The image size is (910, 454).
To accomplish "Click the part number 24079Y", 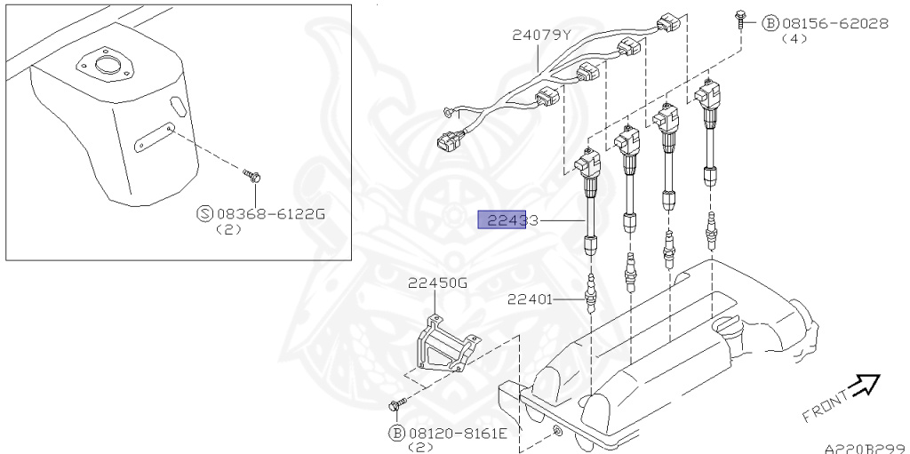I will tap(540, 36).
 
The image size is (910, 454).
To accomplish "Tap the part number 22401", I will tap(531, 299).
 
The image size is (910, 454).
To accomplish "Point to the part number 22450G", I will tap(437, 283).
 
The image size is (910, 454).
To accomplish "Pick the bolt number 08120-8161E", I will tap(458, 433).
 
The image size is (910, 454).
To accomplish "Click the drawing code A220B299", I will tap(863, 448).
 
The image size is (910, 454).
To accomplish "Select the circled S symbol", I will tap(204, 213).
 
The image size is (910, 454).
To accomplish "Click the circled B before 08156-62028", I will tap(770, 23).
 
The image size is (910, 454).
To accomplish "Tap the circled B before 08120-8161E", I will tap(395, 433).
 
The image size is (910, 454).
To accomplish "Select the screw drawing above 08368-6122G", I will tap(254, 176).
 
